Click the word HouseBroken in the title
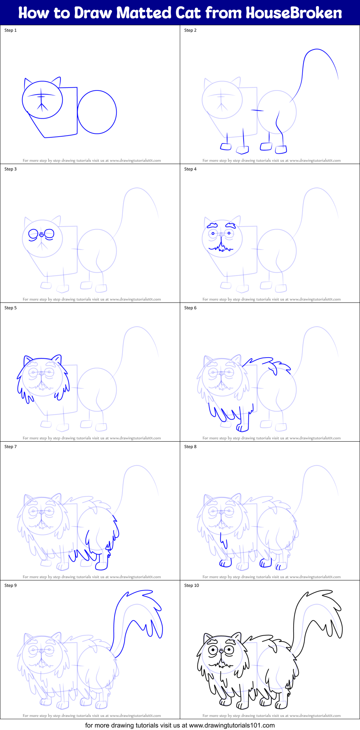click(x=294, y=13)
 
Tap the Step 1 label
click(x=10, y=30)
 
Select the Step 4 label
click(x=190, y=169)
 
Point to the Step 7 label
click(x=10, y=447)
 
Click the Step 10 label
click(x=191, y=585)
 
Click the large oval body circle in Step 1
click(x=97, y=112)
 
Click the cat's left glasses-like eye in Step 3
click(x=33, y=234)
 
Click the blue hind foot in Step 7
click(x=102, y=566)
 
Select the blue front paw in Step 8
click(x=226, y=563)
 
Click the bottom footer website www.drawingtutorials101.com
click(x=232, y=725)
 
